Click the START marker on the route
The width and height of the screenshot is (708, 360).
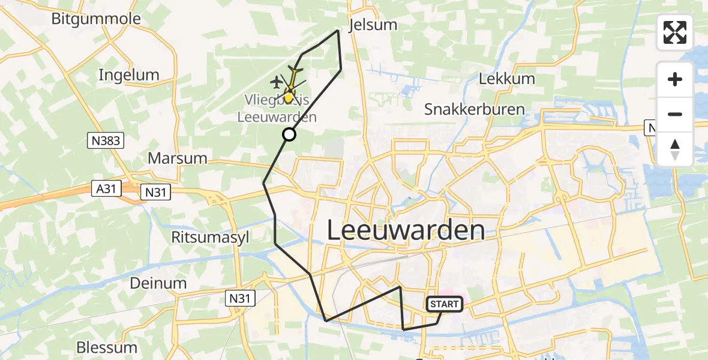444,304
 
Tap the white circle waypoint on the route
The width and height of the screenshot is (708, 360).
289,134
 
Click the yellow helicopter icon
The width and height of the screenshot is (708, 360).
292,81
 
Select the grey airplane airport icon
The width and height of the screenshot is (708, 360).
276,81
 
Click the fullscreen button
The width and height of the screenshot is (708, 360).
675,32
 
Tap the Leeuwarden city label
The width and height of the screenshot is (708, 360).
406,230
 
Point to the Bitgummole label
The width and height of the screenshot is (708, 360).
96,19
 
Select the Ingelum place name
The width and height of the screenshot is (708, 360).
128,75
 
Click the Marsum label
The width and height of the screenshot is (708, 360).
177,158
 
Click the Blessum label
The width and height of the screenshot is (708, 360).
107,347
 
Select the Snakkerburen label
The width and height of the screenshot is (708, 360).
475,109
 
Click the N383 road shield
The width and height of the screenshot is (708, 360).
105,142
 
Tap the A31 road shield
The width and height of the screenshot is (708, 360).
106,189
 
